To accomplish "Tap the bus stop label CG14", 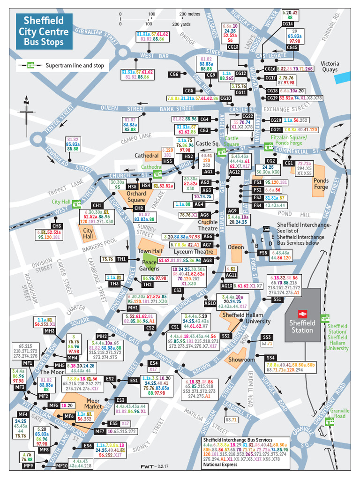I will pyautogui.click(x=287, y=23).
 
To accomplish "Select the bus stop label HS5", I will pyautogui.click(x=133, y=186).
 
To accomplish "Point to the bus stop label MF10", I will pyautogui.click(x=62, y=465).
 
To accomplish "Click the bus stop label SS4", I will pyautogui.click(x=271, y=358).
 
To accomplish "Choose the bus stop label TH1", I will pyautogui.click(x=121, y=259).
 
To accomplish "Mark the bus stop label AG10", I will pyautogui.click(x=210, y=303).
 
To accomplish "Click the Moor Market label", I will pyautogui.click(x=93, y=404).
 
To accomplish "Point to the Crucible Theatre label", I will pyautogui.click(x=208, y=225).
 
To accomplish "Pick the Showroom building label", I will pyautogui.click(x=241, y=360).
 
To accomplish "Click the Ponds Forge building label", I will pyautogui.click(x=321, y=184).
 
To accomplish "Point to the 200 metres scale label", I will pyautogui.click(x=190, y=14).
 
